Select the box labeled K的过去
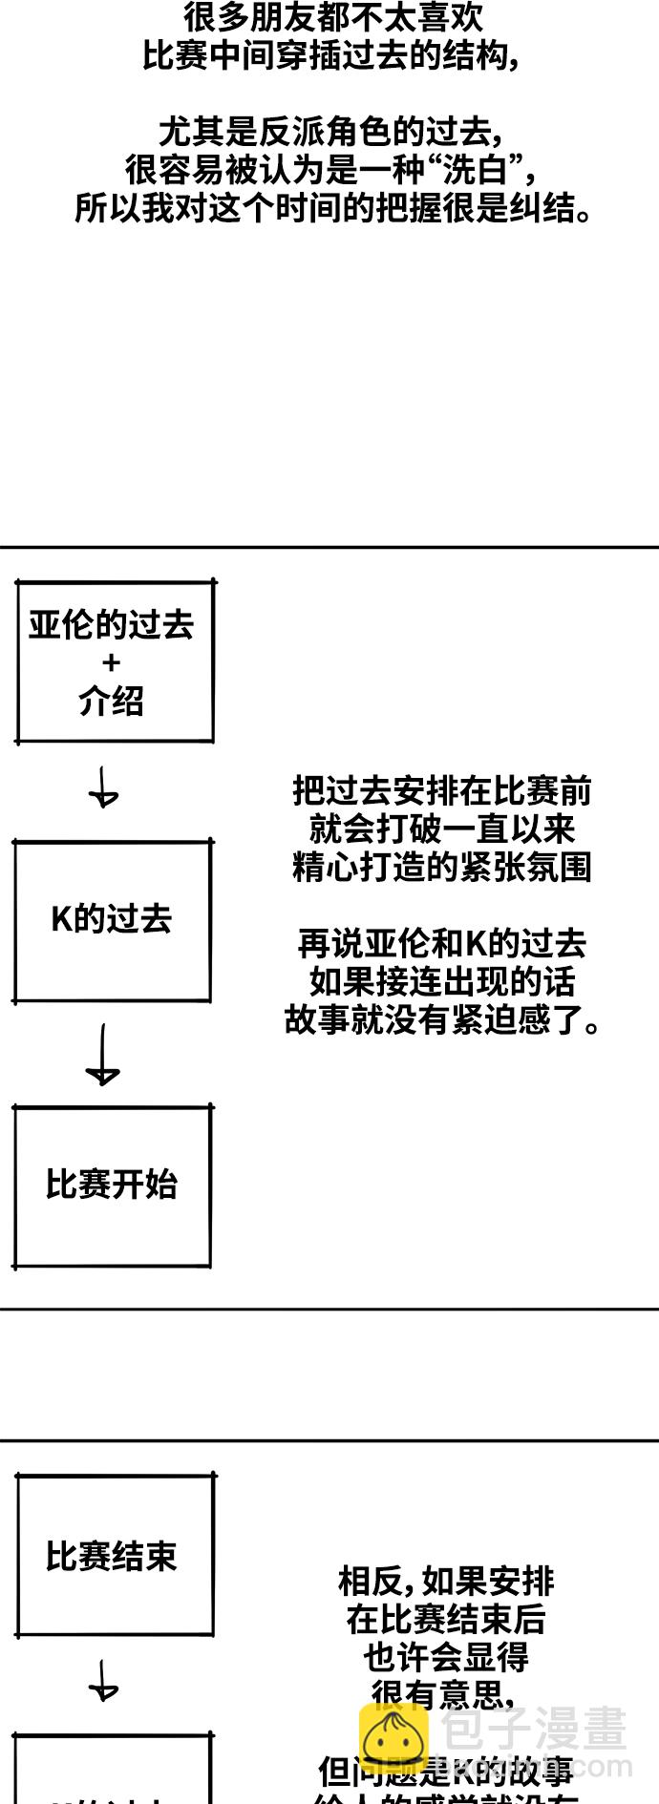[112, 921]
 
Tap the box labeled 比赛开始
[112, 1185]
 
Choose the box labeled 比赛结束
[115, 1556]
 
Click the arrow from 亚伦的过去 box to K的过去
[103, 788]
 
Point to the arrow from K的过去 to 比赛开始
[102, 1055]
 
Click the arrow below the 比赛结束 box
[103, 1681]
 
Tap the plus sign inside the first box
[112, 662]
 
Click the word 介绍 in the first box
[112, 702]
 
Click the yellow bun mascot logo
[393, 1738]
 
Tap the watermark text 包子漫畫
[534, 1729]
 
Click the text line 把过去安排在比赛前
[441, 791]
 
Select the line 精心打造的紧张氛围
[441, 868]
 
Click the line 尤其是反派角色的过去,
[330, 132]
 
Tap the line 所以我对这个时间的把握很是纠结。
[334, 208]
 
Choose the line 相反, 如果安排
[446, 1582]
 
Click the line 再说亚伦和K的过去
[441, 944]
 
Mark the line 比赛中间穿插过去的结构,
[330, 56]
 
